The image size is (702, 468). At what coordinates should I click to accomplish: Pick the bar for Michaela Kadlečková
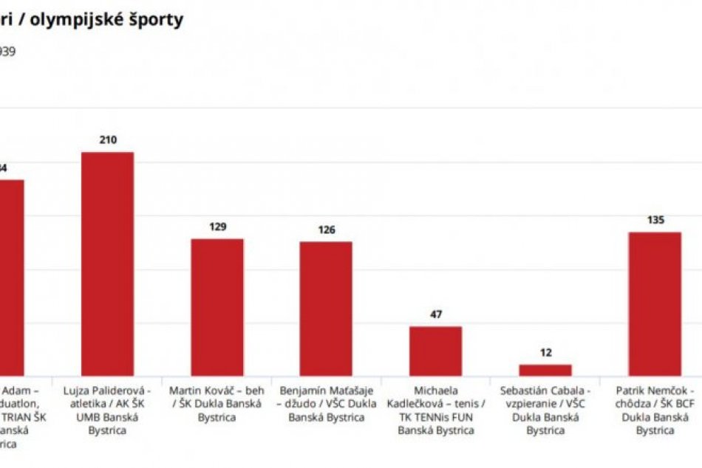point(436,351)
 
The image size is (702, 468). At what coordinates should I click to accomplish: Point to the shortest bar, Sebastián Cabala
point(545,370)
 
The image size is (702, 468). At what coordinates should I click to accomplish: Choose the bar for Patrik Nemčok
point(655,304)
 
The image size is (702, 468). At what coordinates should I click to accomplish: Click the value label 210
point(108,140)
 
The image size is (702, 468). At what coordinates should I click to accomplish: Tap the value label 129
point(217,227)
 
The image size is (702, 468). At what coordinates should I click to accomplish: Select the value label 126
point(325,230)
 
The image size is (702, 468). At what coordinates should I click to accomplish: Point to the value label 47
point(436,314)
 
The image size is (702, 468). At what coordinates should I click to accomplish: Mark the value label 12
point(545,353)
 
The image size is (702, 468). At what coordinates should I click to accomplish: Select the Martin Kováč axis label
point(217,403)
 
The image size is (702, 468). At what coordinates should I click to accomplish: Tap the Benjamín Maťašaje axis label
point(326,403)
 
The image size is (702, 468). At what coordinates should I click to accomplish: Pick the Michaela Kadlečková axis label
point(436,410)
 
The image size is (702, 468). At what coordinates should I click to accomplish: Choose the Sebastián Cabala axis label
point(545,410)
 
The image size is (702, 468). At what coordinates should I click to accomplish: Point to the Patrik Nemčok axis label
point(655,410)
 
